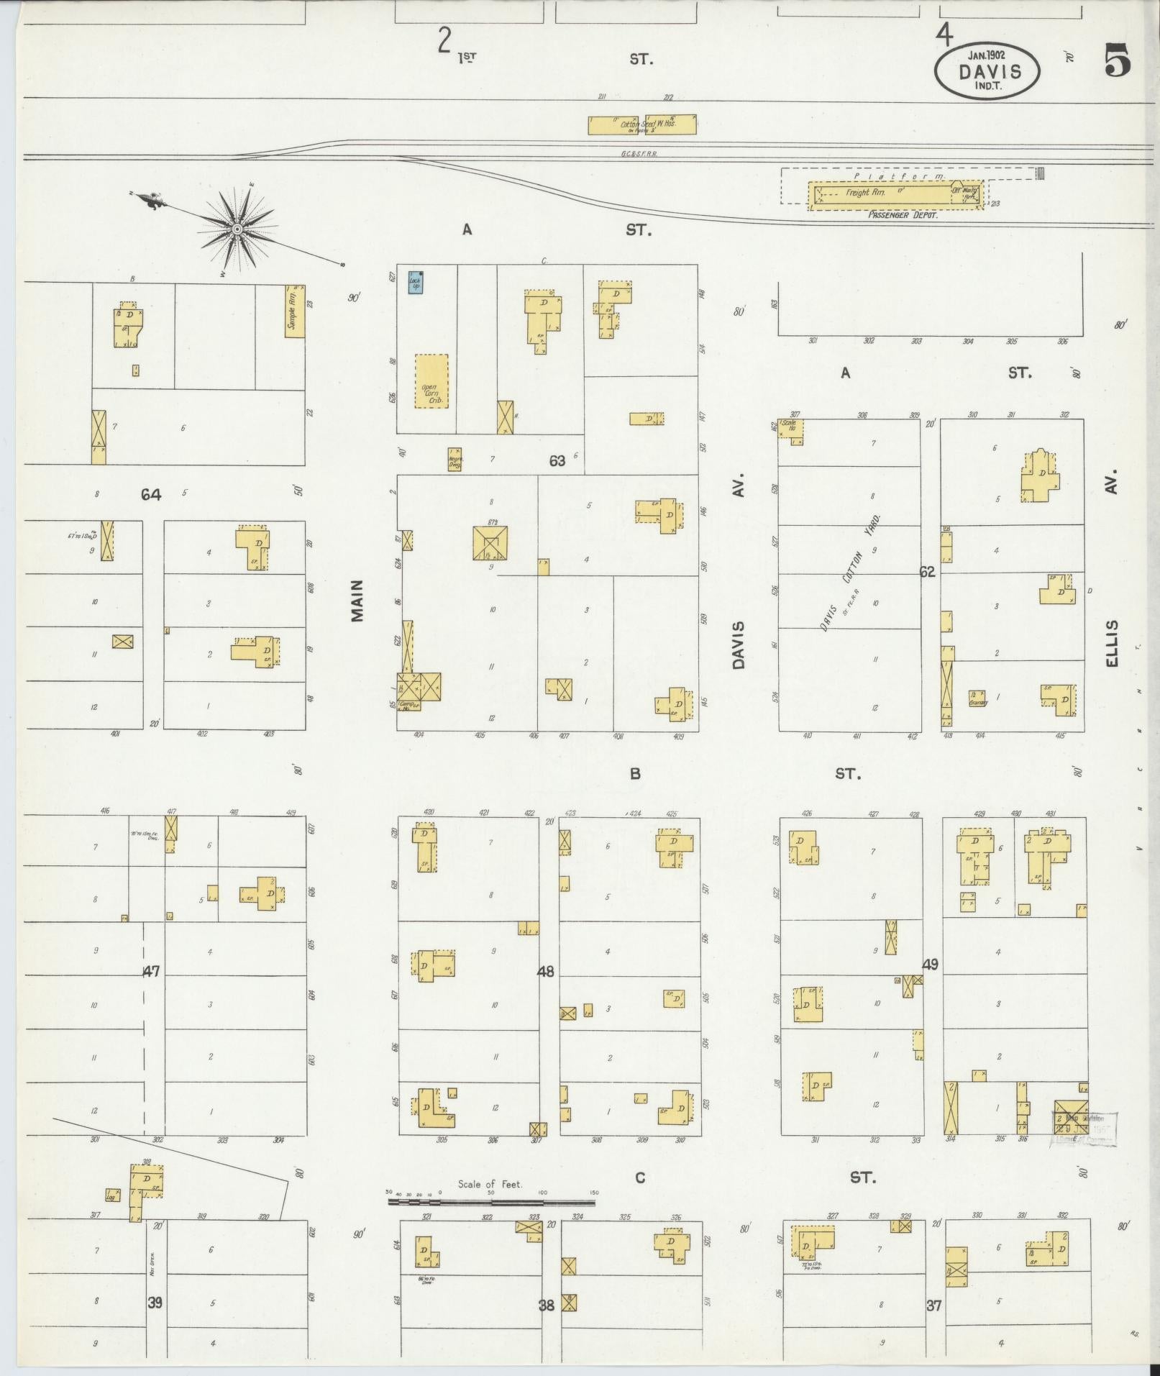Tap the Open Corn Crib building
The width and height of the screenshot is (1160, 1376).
coord(431,381)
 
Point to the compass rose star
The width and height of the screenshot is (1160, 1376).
coord(237,229)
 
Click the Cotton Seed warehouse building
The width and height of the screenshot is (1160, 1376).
coord(642,125)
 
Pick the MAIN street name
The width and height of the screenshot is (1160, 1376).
coord(357,600)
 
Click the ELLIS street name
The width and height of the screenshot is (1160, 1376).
coord(1113,642)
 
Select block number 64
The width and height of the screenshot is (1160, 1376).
coord(151,495)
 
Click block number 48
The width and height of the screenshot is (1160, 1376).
coord(546,972)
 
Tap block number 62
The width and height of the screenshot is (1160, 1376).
coord(927,572)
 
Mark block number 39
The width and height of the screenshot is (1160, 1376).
coord(155,1303)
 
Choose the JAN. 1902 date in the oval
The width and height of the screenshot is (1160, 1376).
coord(987,54)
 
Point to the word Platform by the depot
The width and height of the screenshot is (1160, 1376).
coord(898,176)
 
